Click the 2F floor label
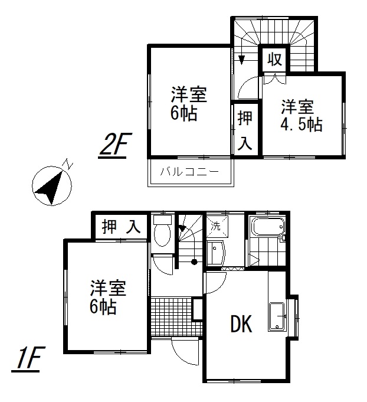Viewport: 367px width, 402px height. (113, 146)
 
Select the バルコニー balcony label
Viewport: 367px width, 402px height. (190, 172)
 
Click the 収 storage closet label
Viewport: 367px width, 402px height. (275, 59)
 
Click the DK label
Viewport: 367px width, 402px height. (241, 324)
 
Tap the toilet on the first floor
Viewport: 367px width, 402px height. (162, 230)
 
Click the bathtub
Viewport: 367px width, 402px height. (268, 226)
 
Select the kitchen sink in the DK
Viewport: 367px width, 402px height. (277, 317)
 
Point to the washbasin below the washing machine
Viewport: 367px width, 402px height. (216, 253)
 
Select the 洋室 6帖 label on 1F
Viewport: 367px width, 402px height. (108, 298)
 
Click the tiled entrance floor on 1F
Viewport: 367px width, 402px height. (172, 317)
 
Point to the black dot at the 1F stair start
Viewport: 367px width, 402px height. (194, 262)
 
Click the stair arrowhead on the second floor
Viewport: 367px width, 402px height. (241, 60)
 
